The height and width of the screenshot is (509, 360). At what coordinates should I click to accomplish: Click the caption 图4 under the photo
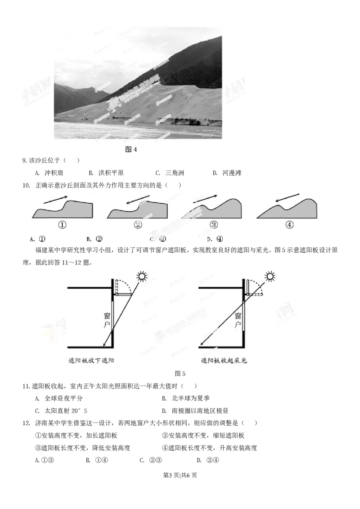(x=130, y=149)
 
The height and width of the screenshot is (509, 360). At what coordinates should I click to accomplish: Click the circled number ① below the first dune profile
(x=63, y=224)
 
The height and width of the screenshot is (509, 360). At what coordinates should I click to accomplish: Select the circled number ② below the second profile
(x=138, y=224)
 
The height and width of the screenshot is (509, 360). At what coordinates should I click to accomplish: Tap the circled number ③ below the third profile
(x=213, y=224)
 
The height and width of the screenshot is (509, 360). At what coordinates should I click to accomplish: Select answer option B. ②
(x=94, y=239)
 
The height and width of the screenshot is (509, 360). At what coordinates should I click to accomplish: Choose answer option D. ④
(x=215, y=239)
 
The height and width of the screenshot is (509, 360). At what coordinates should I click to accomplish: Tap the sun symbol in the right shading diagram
(x=270, y=276)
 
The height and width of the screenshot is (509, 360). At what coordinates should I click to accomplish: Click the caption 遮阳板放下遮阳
(x=88, y=360)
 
